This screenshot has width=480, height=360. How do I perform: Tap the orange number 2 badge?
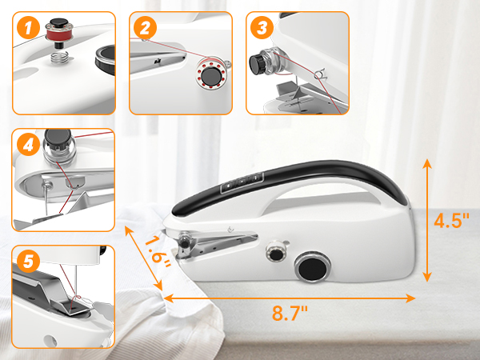145,30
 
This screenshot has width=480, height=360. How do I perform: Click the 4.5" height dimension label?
452,220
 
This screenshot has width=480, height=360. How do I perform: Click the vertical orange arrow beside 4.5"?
427,219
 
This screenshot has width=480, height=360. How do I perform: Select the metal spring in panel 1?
59,58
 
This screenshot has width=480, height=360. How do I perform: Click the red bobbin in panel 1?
57,34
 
